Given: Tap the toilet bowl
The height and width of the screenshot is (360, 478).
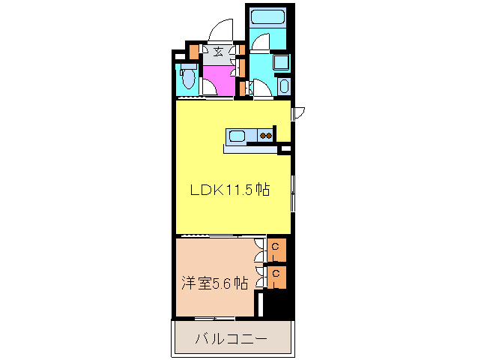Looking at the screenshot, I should pyautogui.click(x=188, y=77).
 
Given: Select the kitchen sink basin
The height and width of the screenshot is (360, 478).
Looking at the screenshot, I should pyautogui.click(x=237, y=136).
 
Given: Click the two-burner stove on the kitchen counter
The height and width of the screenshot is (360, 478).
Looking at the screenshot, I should pyautogui.click(x=265, y=136).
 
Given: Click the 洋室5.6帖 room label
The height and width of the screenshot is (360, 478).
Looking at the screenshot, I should pyautogui.click(x=214, y=283).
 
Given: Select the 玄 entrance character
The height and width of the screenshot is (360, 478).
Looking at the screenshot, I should pyautogui.click(x=218, y=52).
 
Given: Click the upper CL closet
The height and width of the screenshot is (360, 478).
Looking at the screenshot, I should pyautogui.click(x=276, y=248).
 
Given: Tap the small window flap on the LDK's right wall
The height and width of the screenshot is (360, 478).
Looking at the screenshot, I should pyautogui.click(x=299, y=113).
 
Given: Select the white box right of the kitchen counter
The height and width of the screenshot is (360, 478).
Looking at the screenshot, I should pyautogui.click(x=285, y=150).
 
